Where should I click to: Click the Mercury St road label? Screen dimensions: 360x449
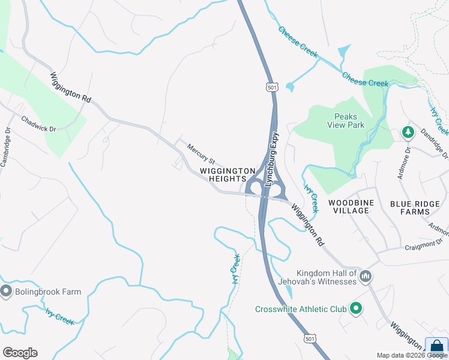click(200, 154)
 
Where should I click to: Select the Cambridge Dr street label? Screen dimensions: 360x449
click(6, 147)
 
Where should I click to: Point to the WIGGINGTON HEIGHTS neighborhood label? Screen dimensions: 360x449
click(223, 175)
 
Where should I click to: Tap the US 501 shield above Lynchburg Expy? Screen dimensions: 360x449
click(273, 88)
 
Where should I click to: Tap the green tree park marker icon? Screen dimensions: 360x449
click(408, 132)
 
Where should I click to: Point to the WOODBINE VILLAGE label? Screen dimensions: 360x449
click(351, 207)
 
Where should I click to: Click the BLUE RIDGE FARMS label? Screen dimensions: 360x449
click(415, 208)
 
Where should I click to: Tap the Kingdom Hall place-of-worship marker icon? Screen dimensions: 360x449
click(366, 277)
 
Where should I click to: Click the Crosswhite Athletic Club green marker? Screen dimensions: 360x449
click(356, 308)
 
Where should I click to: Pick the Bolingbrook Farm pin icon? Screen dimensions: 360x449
click(7, 292)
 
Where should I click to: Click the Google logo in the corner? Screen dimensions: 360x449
click(20, 353)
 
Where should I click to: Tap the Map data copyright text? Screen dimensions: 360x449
click(412, 355)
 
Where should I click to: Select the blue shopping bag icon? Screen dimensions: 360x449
click(437, 348)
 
